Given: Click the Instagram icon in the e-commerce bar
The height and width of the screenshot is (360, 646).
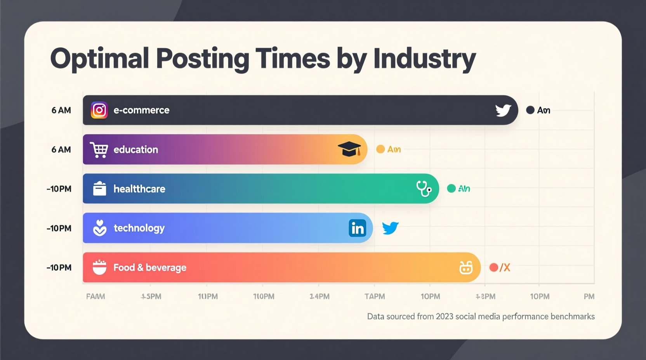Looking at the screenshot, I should (x=99, y=110).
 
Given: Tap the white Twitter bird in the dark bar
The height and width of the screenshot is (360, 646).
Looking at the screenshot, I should (x=503, y=111).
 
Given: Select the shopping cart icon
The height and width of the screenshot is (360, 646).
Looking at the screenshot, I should (x=99, y=150).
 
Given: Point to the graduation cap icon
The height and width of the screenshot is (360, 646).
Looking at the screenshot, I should (x=349, y=149).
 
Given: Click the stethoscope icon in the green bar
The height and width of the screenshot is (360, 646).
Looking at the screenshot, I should (x=424, y=189).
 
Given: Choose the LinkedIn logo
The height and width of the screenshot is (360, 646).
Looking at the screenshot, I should (x=358, y=228).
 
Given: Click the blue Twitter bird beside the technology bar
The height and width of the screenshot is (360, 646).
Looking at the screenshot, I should (x=390, y=228).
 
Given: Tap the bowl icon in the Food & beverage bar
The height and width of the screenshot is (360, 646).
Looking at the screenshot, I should (x=99, y=267).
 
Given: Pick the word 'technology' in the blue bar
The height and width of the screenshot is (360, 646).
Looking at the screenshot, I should (x=139, y=228).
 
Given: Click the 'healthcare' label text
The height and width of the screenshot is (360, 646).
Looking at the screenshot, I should (x=139, y=189).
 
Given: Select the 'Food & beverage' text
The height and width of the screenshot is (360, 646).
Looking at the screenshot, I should (x=150, y=268).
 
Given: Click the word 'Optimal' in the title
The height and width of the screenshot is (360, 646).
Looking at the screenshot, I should (x=99, y=59).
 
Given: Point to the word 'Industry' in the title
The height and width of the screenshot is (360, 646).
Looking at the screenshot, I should (x=424, y=59).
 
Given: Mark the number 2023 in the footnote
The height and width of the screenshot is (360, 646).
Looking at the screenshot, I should (x=445, y=317).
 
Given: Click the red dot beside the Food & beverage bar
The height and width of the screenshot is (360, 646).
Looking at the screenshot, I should (x=494, y=267).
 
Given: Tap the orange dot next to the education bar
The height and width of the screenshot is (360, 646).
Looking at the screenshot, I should (x=380, y=149).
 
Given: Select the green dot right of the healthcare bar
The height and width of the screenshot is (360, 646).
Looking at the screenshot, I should (x=451, y=189).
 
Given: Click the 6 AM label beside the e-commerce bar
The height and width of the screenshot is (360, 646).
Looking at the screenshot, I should (x=61, y=110).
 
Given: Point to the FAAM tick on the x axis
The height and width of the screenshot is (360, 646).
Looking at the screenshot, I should (x=96, y=296).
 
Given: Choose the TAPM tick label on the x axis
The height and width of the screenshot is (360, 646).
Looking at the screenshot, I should (x=375, y=296).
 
